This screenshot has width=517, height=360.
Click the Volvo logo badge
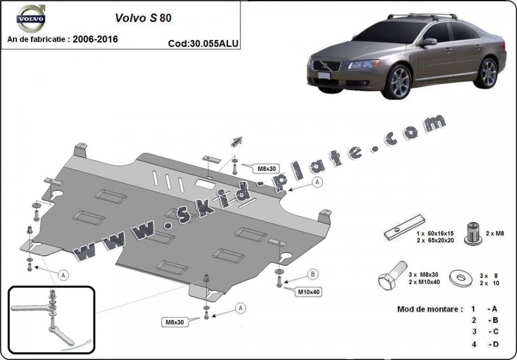tap(31, 18)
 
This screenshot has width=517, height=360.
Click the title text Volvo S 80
tap(143, 18)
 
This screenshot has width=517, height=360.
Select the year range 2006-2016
tap(95, 39)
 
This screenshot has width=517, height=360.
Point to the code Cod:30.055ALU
tap(203, 44)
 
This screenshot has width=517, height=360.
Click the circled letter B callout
tap(312, 274)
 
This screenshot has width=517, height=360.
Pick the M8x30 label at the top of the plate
tap(267, 169)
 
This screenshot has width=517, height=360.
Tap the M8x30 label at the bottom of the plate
tap(175, 322)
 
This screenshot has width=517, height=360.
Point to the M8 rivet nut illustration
tap(473, 233)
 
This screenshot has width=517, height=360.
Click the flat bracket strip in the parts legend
tap(404, 227)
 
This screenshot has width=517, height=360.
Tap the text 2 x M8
tap(495, 233)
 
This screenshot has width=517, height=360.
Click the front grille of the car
tap(326, 66)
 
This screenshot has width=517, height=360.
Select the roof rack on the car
tap(422, 17)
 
